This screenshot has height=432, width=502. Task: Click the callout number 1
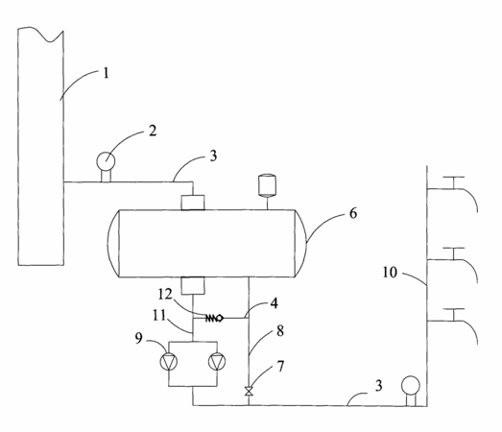(106, 73)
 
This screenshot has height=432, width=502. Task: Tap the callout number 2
(153, 131)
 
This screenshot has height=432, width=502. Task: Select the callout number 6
(353, 213)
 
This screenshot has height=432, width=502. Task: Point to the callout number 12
(165, 294)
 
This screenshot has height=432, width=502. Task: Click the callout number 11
(159, 316)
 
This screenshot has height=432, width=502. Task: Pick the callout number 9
(138, 338)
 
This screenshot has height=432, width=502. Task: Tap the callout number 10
(390, 273)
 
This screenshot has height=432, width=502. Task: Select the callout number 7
(280, 367)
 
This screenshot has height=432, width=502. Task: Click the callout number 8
(280, 331)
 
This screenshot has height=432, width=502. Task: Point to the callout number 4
(275, 303)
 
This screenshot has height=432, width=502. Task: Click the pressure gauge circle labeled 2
(106, 159)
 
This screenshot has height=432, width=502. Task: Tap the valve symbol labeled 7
(249, 391)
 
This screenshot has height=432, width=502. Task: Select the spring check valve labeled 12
(214, 318)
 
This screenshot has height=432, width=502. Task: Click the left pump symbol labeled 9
(168, 361)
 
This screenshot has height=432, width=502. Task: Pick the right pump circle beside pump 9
(217, 361)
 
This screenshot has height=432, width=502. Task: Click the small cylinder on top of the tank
(268, 185)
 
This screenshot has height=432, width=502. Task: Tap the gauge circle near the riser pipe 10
(411, 385)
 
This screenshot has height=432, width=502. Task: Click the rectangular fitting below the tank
(193, 286)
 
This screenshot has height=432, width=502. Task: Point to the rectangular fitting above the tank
(193, 203)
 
